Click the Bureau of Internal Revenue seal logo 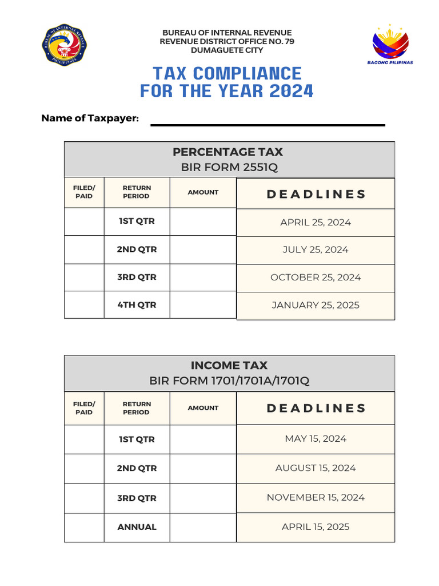(64, 45)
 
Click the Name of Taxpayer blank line (267, 124)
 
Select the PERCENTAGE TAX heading (228, 152)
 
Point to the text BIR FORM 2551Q (228, 167)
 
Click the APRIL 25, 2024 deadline (316, 222)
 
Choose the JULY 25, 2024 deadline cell (316, 250)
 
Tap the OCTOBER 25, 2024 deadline (316, 277)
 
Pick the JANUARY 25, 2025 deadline (316, 305)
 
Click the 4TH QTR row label (137, 305)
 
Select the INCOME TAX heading (229, 365)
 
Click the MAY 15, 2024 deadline (316, 439)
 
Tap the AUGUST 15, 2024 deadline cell (316, 468)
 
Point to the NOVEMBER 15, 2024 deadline (316, 497)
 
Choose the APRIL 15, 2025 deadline (316, 527)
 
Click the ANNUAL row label (137, 527)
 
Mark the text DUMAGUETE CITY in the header (227, 50)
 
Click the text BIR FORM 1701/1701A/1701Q (229, 381)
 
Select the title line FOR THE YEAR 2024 (227, 91)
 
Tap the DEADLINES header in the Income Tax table (316, 408)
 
